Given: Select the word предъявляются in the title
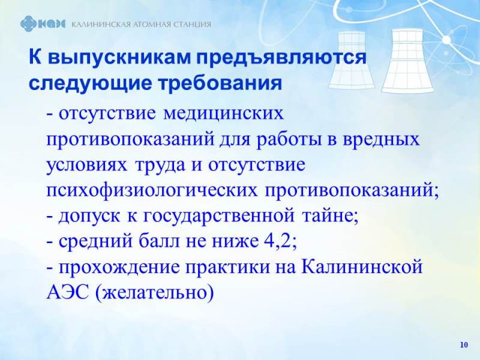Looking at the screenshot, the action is pyautogui.click(x=281, y=58).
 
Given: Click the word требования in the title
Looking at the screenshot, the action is pyautogui.click(x=220, y=83).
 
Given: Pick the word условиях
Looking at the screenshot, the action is pyautogui.click(x=86, y=166).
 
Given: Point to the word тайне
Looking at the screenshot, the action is pyautogui.click(x=331, y=215).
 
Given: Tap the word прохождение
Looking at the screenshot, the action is pyautogui.click(x=119, y=268).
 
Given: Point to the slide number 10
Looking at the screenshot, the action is pyautogui.click(x=464, y=344).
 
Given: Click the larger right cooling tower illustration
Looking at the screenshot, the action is pyautogui.click(x=408, y=61).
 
